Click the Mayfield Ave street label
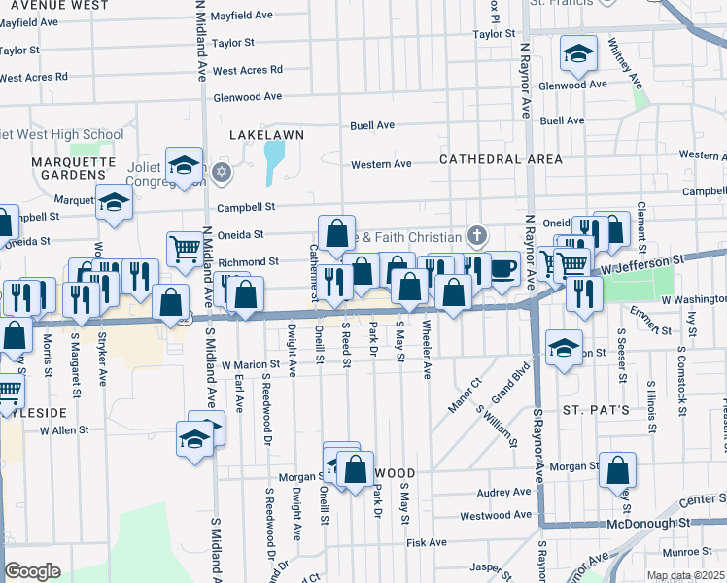coord(242,16)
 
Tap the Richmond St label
coord(248,262)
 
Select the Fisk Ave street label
coord(427,542)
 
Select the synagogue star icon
coord(222,173)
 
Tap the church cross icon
coord(476,235)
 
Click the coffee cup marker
coord(502,268)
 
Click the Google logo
coord(32,571)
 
